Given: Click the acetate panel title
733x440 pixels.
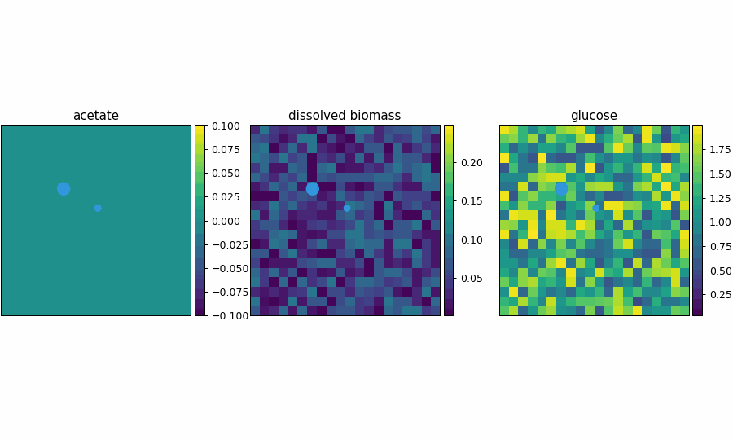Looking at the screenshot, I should tap(96, 116).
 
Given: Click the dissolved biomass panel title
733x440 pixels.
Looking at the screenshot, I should tap(345, 116).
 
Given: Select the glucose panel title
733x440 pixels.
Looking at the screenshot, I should tap(594, 116).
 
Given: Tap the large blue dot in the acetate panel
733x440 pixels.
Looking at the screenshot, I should tap(64, 189).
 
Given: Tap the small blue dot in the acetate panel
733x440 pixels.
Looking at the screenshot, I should tap(98, 209).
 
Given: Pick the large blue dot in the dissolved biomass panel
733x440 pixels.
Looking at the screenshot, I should tap(313, 189).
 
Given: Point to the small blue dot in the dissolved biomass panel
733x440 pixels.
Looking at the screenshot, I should tap(347, 209).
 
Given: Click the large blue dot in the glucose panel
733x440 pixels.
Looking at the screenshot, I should tap(562, 189).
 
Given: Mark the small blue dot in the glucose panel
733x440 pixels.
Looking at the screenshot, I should tap(596, 209).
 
